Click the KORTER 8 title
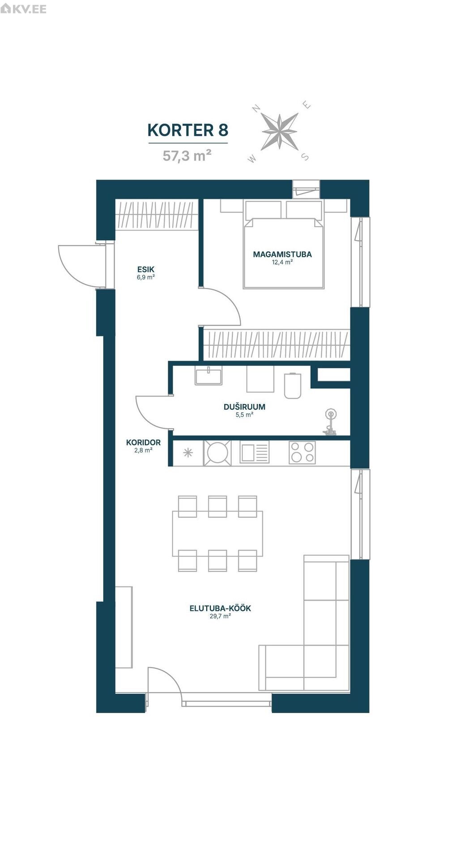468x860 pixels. pos(187,130)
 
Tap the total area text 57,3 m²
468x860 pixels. pos(187,155)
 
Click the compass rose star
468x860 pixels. pos(280,132)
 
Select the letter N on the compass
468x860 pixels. pos(257,108)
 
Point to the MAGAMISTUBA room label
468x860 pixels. pos(282,254)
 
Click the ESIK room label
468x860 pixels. pos(146,270)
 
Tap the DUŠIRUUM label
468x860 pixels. pos(244,407)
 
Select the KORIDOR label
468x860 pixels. pos(143,443)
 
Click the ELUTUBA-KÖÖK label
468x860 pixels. pos(220,608)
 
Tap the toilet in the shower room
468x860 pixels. pos(293,385)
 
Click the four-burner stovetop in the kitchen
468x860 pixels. pos(302,452)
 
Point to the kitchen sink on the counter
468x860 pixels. pos(255,452)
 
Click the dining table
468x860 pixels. pos(217,533)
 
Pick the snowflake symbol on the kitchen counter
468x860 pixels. pos(188,452)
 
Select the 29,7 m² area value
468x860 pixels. pos(220,616)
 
